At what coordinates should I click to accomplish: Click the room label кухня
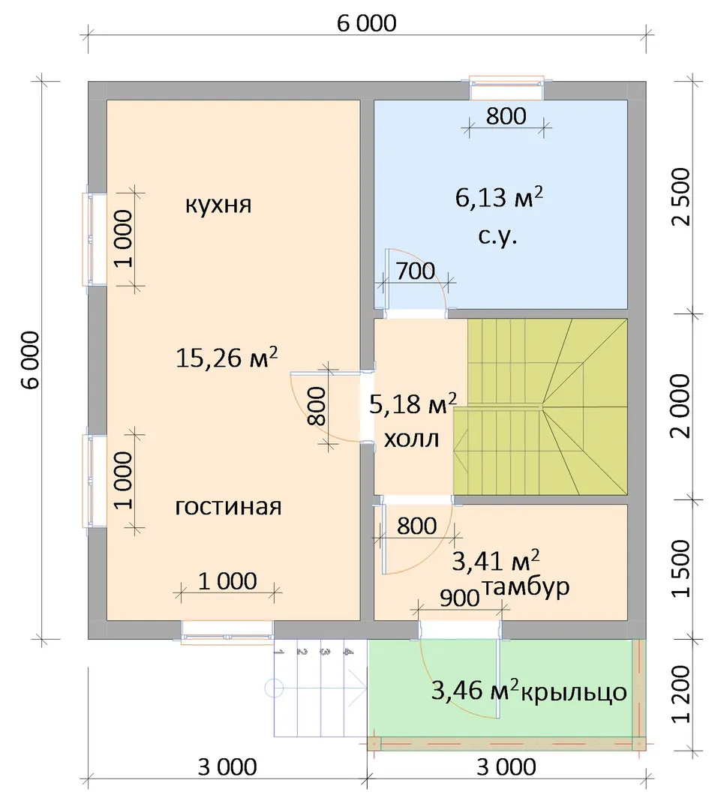[218, 205]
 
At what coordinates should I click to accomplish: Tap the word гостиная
[228, 506]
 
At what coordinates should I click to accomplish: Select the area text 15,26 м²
[227, 357]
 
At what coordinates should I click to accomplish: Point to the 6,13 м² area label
[499, 196]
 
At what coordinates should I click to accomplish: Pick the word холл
[412, 439]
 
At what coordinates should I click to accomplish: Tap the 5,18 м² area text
[413, 403]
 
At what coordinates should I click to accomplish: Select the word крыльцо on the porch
[573, 692]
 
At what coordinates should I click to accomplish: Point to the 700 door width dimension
[416, 271]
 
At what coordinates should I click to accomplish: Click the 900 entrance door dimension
[459, 598]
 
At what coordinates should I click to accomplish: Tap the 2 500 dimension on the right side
[682, 196]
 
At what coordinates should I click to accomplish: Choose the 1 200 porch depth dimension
[682, 694]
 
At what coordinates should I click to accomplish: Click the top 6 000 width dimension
[367, 23]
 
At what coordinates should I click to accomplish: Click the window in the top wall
[506, 88]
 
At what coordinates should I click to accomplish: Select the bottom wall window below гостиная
[227, 631]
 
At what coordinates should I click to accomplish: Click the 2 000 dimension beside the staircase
[682, 406]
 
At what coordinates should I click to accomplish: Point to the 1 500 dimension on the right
[682, 568]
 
